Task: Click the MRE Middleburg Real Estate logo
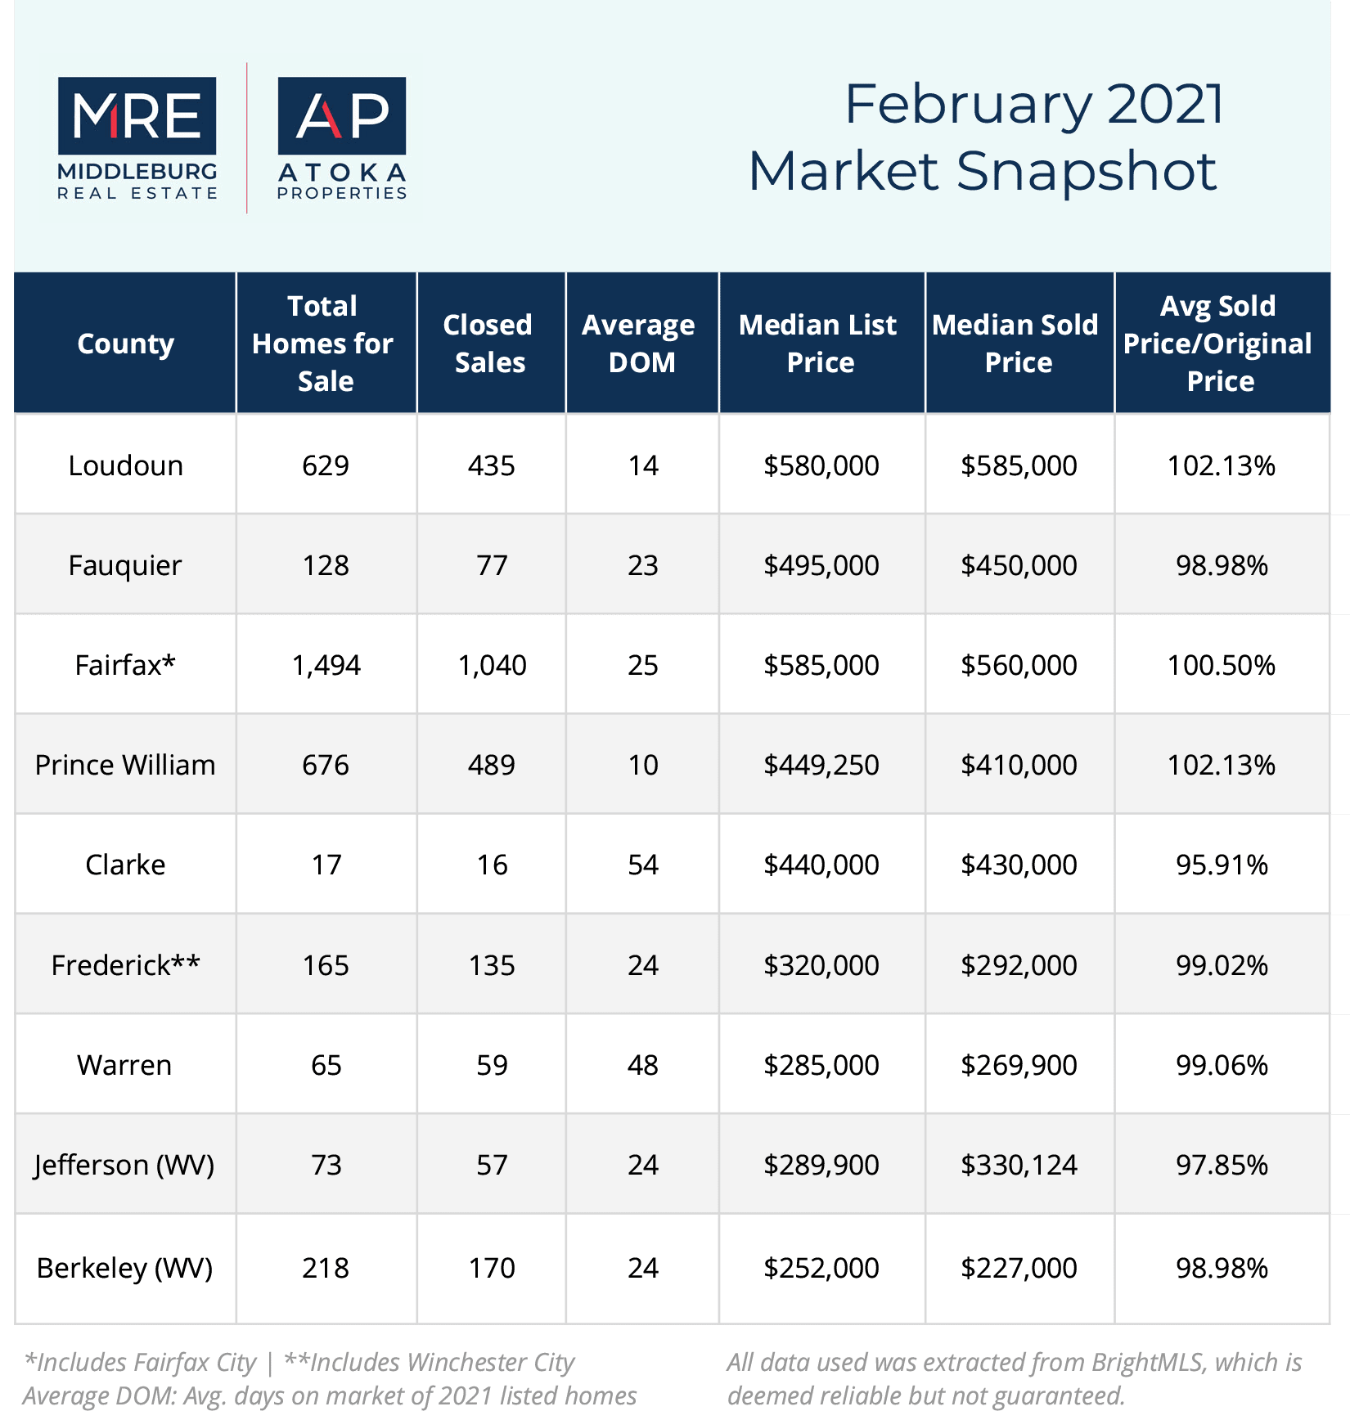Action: (x=137, y=138)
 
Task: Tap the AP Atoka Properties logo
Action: (x=342, y=138)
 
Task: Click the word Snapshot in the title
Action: (x=1086, y=171)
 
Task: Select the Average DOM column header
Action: (x=639, y=344)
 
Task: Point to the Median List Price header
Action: (x=818, y=344)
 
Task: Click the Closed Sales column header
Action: (x=488, y=344)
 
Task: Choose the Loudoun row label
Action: (x=125, y=465)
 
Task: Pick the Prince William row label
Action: (x=125, y=765)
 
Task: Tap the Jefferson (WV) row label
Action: (x=124, y=1165)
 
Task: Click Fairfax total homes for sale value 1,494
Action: (x=326, y=665)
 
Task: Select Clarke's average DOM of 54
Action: (x=643, y=865)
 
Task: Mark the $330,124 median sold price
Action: (x=1019, y=1165)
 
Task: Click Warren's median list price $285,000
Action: (x=821, y=1065)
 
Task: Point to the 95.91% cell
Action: (x=1222, y=865)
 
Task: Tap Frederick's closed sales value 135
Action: (x=492, y=965)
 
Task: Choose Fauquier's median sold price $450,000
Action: (x=1019, y=565)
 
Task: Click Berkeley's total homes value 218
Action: (x=326, y=1268)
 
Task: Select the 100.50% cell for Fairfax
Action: (x=1222, y=665)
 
